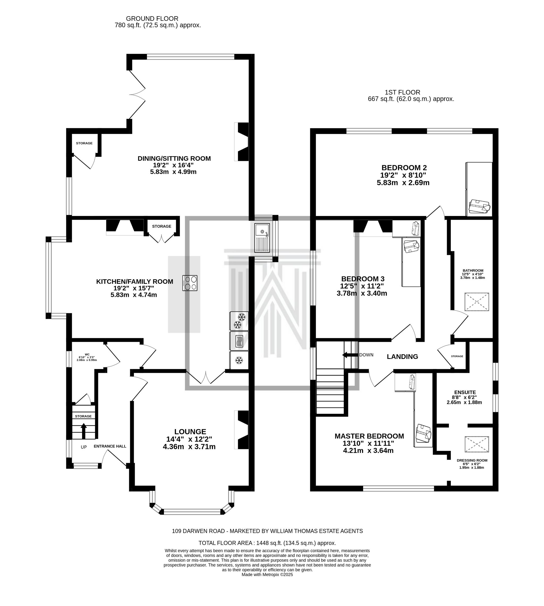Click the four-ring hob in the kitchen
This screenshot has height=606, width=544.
[x=190, y=283]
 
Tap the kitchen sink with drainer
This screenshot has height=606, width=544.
[x=262, y=238]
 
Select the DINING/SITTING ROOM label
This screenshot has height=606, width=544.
[x=174, y=158]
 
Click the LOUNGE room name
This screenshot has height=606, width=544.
[x=190, y=432]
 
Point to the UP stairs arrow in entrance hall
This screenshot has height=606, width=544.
[x=84, y=431]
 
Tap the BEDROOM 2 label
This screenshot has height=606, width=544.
[x=404, y=168]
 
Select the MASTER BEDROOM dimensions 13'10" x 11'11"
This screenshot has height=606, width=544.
[x=368, y=443]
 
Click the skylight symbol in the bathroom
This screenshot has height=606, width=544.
[x=477, y=302]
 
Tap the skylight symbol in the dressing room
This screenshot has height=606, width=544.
[x=477, y=444]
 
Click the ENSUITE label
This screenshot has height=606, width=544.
[x=465, y=392]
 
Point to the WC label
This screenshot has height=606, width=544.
[x=87, y=354]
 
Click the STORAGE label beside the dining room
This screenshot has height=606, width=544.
[x=84, y=143]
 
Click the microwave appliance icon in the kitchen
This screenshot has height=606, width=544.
[x=239, y=341]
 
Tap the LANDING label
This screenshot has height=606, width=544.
[x=402, y=356]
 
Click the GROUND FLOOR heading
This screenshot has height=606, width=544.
[x=152, y=19]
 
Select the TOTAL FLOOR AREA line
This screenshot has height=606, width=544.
[x=267, y=543]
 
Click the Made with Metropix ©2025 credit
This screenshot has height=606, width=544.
[x=267, y=575]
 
